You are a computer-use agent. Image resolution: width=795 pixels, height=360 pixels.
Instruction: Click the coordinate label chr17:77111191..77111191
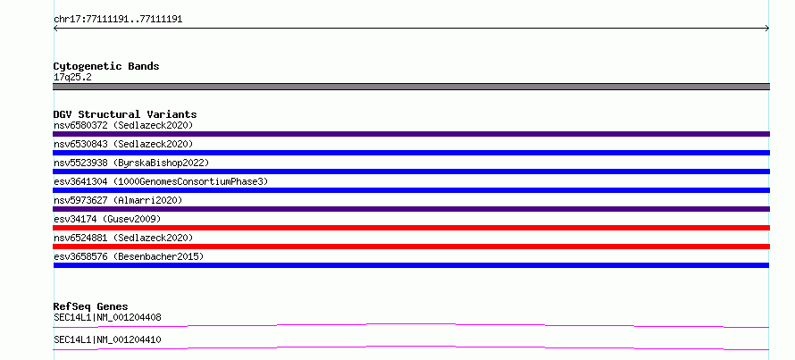coord(118,20)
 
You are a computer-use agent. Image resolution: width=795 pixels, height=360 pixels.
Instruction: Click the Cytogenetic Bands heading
coord(106,66)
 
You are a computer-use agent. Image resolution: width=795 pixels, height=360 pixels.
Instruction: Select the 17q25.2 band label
coord(72,78)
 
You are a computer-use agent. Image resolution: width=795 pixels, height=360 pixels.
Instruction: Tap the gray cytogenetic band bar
coord(411,87)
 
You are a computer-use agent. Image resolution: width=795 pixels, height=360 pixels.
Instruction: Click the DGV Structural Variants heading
coord(125,114)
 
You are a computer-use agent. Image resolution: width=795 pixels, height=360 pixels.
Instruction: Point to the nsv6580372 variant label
coord(123,125)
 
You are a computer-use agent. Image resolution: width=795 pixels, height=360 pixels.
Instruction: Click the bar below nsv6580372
coord(411,134)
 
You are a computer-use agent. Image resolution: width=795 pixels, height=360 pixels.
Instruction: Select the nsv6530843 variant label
coord(123,144)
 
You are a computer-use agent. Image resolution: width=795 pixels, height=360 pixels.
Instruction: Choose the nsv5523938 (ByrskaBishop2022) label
coord(131,163)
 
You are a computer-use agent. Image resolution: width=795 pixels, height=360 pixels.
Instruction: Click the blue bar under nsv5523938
coord(411,172)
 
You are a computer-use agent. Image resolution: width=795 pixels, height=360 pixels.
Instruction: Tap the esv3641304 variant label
coord(161,181)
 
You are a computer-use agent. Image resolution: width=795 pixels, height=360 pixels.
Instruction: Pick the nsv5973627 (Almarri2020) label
coord(118,200)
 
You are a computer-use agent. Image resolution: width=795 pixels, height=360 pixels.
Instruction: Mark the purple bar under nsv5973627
coord(411,209)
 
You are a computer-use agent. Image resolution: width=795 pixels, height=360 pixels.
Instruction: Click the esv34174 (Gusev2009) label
coord(107,219)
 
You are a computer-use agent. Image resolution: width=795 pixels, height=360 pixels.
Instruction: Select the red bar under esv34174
coord(411,228)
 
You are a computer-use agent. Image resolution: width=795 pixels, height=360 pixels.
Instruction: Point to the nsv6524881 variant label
coord(123,238)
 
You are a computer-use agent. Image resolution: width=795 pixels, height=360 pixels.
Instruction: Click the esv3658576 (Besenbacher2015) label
coord(129,256)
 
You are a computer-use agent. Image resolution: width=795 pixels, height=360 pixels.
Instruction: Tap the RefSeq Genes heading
coord(90,306)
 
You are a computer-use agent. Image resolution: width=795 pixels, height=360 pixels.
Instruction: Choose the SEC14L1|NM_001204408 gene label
coord(107,318)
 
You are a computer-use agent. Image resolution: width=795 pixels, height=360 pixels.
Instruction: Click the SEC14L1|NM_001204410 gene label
coord(107,339)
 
